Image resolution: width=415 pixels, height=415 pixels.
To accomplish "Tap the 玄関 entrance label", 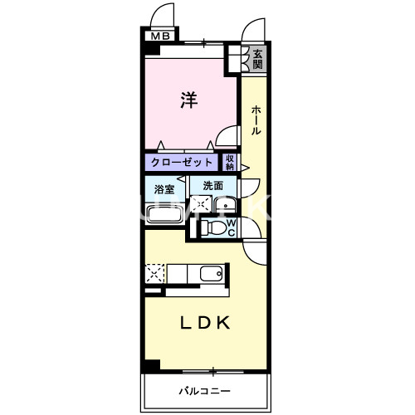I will [257, 58].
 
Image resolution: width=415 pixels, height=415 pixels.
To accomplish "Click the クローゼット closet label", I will [183, 163].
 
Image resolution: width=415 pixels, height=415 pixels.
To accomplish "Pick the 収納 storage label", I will [230, 163].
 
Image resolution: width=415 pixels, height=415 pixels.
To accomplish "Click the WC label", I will [232, 227].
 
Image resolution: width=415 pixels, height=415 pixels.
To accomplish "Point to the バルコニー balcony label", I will [203, 390].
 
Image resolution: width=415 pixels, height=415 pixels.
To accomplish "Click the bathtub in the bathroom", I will [166, 214].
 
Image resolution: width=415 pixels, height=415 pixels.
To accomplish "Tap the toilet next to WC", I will [214, 227].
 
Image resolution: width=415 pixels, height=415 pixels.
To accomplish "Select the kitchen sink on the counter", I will [212, 273].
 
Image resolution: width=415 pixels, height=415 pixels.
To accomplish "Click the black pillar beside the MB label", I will [150, 48].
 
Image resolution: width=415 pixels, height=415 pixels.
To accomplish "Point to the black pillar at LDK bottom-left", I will [150, 366].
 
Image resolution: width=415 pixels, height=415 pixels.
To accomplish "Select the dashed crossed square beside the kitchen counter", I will [155, 273].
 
